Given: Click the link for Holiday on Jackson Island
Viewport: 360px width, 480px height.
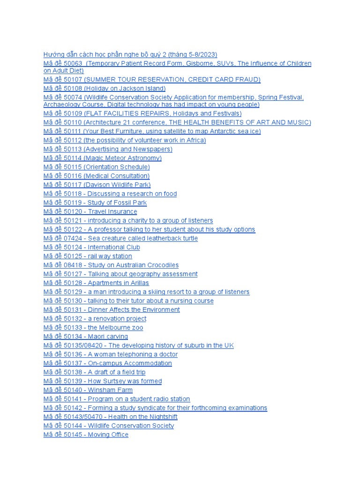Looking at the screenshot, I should [x=104, y=89].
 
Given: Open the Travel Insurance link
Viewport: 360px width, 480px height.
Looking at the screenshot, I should [x=90, y=211].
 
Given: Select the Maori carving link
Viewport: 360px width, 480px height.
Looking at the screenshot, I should [x=86, y=337].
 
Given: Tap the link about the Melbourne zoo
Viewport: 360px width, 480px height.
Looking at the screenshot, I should [x=93, y=328].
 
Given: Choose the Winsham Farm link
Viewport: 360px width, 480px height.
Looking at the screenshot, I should [x=88, y=390].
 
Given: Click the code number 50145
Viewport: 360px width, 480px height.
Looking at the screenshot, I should [x=73, y=435].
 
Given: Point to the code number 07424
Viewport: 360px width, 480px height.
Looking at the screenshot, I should [x=73, y=238].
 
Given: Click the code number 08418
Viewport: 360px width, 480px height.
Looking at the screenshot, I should [x=73, y=265].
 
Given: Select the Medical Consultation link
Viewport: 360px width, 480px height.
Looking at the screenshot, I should [x=97, y=176].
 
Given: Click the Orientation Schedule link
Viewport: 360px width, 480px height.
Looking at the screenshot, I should [x=97, y=167].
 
